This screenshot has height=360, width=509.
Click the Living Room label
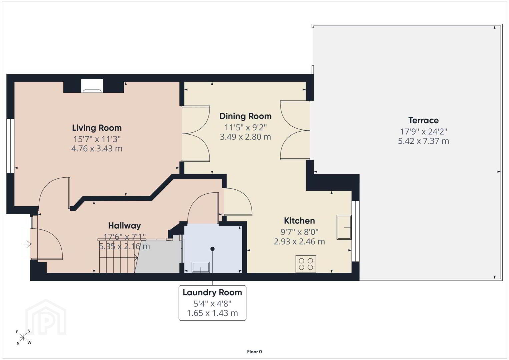click(97, 128)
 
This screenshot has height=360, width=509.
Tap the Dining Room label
click(245, 116)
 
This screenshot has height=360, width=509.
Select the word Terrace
click(423, 120)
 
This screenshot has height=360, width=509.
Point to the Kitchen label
click(299, 221)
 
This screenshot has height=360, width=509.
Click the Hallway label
click(124, 226)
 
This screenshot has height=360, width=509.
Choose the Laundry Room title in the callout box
click(212, 293)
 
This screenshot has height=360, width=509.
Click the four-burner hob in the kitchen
click(306, 264)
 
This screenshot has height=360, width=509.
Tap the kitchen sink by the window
click(344, 227)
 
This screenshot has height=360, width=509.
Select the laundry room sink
click(201, 267)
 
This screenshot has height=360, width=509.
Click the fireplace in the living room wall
click(92, 86)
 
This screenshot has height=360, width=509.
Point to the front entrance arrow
click(27, 244)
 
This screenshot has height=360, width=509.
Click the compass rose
click(23, 338)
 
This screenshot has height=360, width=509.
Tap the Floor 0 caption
click(255, 352)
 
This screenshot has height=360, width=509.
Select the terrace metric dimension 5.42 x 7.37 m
click(423, 141)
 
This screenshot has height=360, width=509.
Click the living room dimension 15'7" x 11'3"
click(97, 139)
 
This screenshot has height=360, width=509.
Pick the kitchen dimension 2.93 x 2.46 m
click(299, 241)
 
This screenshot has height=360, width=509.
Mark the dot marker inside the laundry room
click(212, 249)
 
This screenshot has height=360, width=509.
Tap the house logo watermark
click(46, 317)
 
